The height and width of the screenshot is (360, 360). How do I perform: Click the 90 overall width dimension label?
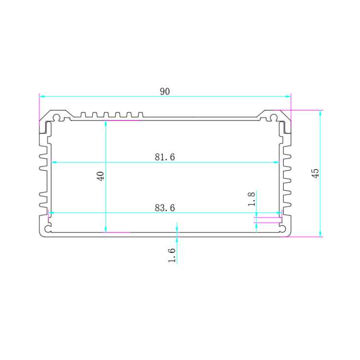point(165,91)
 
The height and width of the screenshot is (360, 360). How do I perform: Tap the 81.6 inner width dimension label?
point(165,157)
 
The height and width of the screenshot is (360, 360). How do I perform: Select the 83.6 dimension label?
point(165,208)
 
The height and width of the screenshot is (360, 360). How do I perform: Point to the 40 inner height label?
point(101,176)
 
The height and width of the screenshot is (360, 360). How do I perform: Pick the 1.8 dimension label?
point(252,199)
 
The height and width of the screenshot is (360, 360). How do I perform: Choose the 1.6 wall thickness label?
point(172,255)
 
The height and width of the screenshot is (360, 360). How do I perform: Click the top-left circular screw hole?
point(56,118)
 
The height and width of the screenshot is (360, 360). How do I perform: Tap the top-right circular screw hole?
point(274,118)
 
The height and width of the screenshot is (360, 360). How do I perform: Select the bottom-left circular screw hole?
point(48,228)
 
